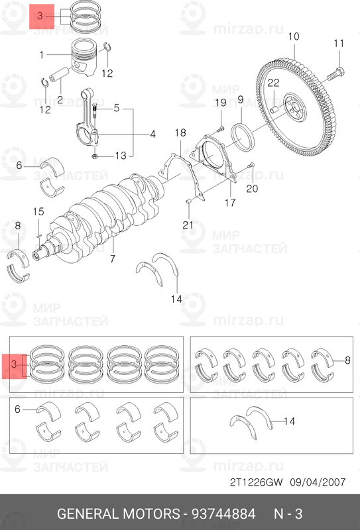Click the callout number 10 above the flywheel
[x=294, y=36]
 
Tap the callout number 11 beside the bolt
[x=339, y=44]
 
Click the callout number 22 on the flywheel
[x=273, y=83]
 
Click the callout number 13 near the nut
[x=119, y=156]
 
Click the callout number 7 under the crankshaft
[x=113, y=258]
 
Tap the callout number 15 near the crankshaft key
[x=38, y=211]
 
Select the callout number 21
[x=188, y=225]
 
